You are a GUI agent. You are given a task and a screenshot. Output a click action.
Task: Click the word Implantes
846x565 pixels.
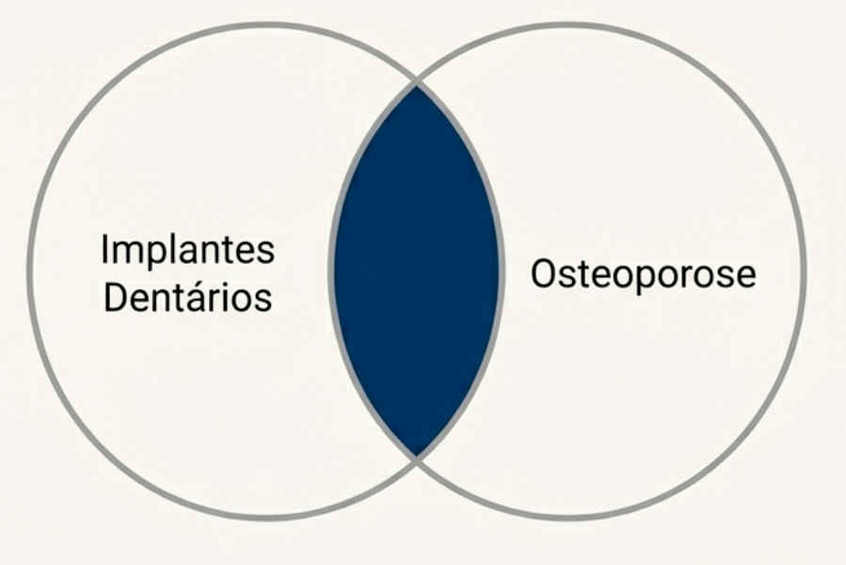click(x=187, y=251)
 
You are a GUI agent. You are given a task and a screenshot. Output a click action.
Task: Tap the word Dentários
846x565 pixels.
click(x=187, y=298)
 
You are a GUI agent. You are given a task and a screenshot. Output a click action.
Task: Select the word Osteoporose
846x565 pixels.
click(x=643, y=275)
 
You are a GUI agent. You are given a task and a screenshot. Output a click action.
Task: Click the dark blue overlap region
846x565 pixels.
click(x=416, y=273)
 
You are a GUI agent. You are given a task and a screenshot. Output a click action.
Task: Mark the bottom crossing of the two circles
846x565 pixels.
click(x=416, y=458)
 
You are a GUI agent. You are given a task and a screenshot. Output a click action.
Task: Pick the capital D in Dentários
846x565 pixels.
click(x=114, y=298)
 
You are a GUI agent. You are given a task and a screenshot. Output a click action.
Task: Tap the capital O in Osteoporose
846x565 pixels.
click(x=544, y=275)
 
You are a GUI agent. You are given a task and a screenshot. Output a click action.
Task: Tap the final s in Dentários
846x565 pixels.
click(x=264, y=299)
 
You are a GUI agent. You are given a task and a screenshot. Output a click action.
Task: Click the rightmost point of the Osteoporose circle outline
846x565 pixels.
click(x=805, y=273)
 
